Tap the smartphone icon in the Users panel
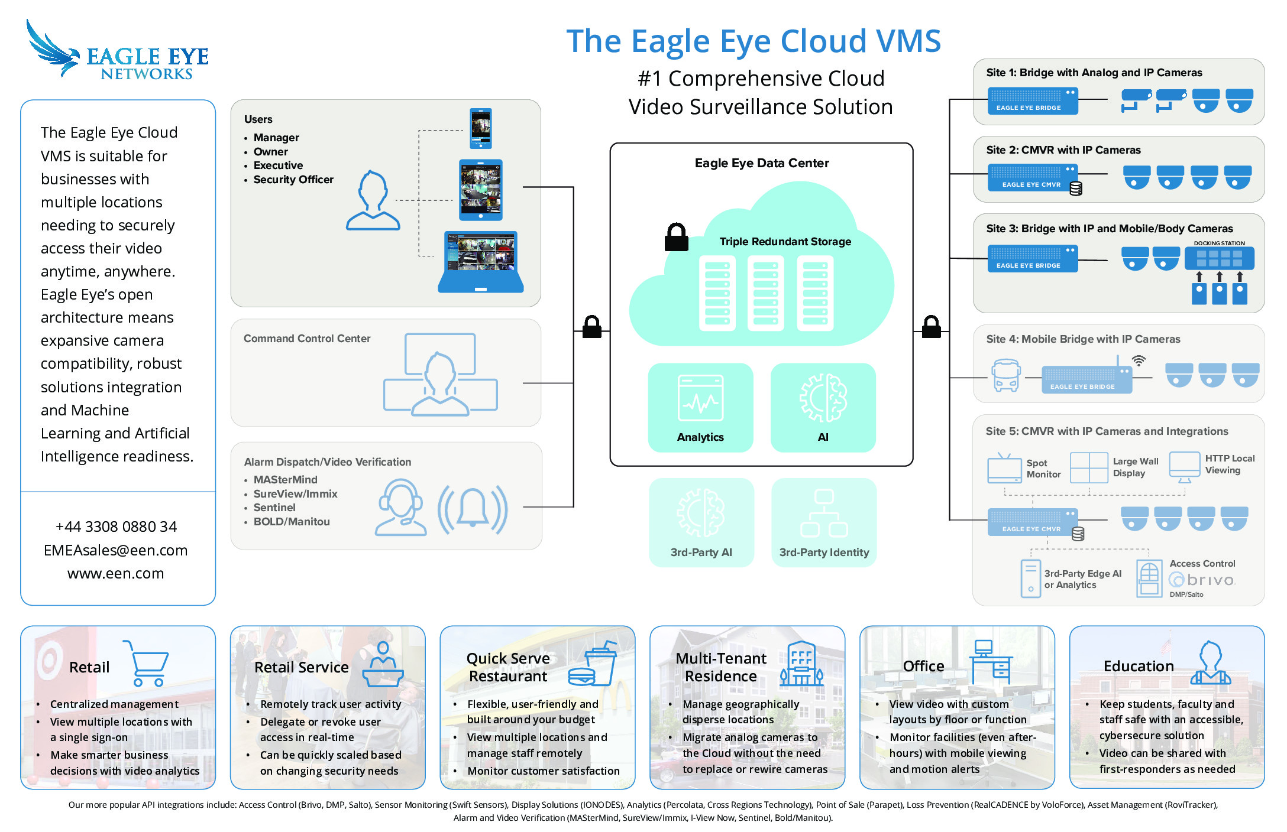coord(480,128)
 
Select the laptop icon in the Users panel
coord(481,262)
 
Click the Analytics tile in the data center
coord(700,407)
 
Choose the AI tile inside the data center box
coord(823,407)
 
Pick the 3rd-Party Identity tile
coord(823,522)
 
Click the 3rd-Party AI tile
coord(701,522)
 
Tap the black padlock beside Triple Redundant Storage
coord(676,238)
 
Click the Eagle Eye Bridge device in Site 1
coord(1032,101)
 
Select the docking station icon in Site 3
coord(1219,258)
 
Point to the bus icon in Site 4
coord(1005,375)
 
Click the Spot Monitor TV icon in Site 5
coord(1004,468)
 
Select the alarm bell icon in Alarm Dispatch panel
coord(472,509)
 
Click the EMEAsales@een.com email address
coord(116,550)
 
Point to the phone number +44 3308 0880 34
coord(116,526)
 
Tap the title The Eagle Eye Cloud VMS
coord(753,41)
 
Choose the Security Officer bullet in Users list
coord(293,180)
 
